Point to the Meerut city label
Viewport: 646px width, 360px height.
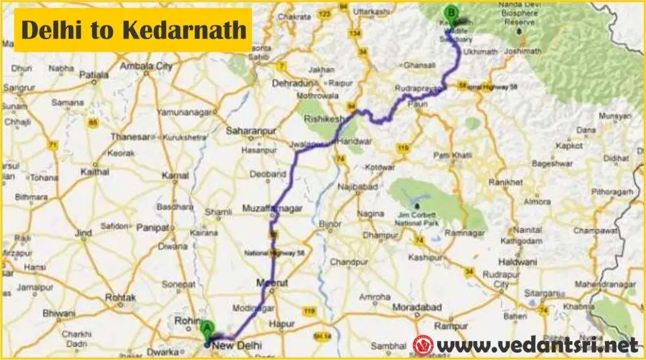point(273,283)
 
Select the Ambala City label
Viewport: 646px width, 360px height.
point(147,66)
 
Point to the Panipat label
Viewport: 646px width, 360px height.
point(152,227)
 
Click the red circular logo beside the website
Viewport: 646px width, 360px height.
point(423,345)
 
